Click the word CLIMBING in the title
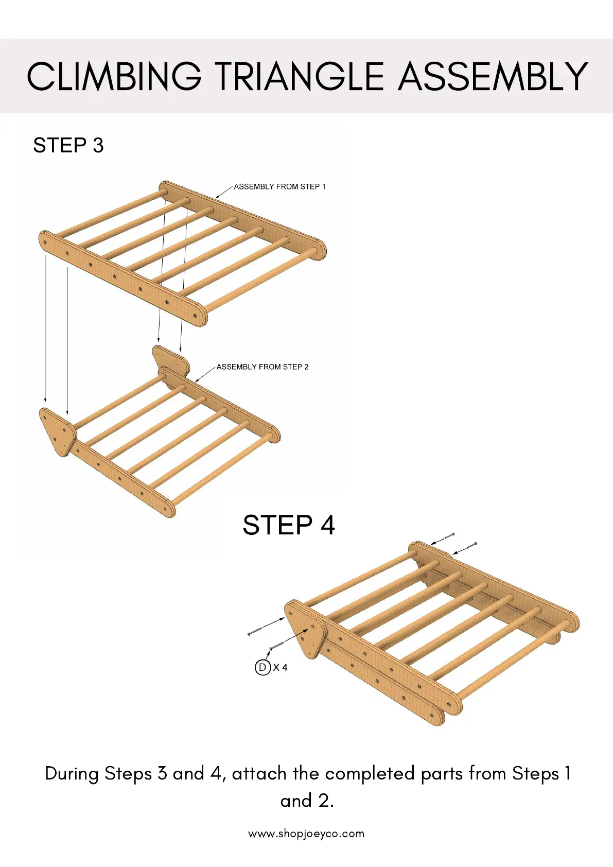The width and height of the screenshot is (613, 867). tap(114, 77)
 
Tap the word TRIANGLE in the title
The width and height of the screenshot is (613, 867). tap(299, 77)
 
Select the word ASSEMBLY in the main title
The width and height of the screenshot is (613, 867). tap(493, 77)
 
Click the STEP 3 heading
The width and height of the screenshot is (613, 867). tap(68, 146)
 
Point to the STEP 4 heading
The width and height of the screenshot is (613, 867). tap(289, 526)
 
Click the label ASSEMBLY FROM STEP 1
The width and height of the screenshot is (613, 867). tap(279, 187)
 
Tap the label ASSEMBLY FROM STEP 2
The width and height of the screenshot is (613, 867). tap(262, 367)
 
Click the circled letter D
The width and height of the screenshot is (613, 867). tap(262, 668)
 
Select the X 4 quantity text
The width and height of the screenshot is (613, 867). tap(281, 668)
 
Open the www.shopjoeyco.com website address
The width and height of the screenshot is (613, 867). tap(306, 834)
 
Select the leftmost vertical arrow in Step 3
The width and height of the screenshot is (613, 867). tap(46, 330)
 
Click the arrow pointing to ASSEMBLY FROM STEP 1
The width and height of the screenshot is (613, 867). tap(224, 192)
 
